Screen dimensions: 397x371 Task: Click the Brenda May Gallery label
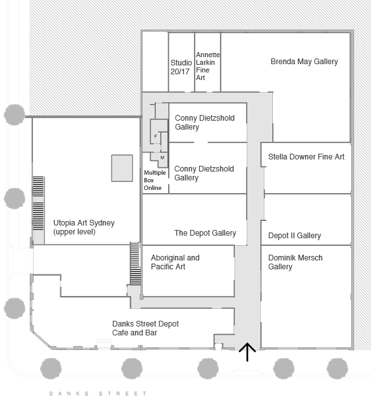click(304, 62)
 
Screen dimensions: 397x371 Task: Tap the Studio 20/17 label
click(180, 67)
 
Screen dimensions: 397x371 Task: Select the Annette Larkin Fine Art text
click(207, 66)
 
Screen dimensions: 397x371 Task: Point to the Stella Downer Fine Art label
click(306, 156)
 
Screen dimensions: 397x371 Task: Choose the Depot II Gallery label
click(294, 236)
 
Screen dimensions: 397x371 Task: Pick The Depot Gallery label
click(205, 233)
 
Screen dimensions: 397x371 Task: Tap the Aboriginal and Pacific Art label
click(175, 262)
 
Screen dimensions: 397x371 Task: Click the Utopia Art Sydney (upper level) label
click(84, 227)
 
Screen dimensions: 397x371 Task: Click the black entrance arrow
click(247, 351)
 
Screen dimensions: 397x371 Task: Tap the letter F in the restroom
click(155, 137)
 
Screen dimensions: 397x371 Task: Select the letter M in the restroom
click(162, 157)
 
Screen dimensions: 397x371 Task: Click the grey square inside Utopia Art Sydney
click(122, 168)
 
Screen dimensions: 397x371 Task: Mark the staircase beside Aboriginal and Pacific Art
click(134, 264)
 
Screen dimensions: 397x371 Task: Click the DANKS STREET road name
click(98, 394)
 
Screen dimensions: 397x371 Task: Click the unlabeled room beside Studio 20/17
click(155, 62)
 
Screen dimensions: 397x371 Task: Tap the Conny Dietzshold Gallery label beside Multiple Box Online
click(204, 173)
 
